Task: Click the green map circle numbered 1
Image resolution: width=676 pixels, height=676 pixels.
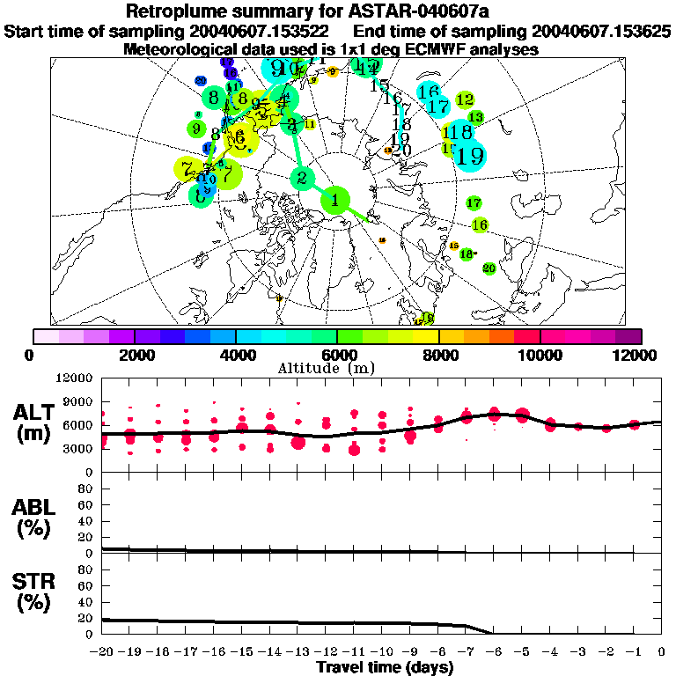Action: click(335, 201)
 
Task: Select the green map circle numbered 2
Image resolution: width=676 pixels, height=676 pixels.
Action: click(302, 179)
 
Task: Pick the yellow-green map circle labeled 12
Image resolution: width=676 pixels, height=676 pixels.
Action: click(465, 100)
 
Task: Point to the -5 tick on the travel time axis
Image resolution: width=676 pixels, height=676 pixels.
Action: click(522, 652)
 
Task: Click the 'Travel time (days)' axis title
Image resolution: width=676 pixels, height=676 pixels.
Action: click(385, 668)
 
